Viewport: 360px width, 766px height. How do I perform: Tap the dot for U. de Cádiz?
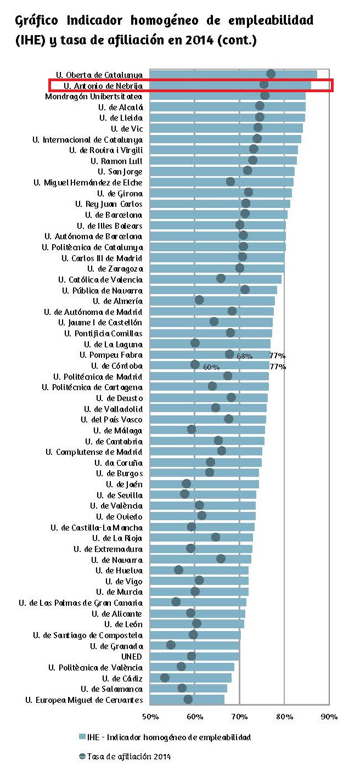[x=165, y=678]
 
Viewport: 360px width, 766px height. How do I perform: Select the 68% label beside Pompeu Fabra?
[x=244, y=356]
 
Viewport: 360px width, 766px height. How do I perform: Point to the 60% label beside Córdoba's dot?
[x=211, y=367]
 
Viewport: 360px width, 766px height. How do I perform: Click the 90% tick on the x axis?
[x=329, y=716]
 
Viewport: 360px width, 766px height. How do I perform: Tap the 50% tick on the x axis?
[x=150, y=716]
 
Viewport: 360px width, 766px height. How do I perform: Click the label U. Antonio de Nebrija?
[x=103, y=85]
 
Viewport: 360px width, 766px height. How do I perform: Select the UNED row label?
[x=132, y=656]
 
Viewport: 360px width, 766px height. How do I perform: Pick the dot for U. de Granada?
[x=171, y=645]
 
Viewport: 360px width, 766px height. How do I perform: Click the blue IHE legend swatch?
[x=82, y=736]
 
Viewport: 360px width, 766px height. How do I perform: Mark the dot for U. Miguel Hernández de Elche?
[x=230, y=182]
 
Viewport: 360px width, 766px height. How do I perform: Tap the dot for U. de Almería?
[x=199, y=300]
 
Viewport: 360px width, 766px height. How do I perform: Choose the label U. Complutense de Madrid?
[x=94, y=452]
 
